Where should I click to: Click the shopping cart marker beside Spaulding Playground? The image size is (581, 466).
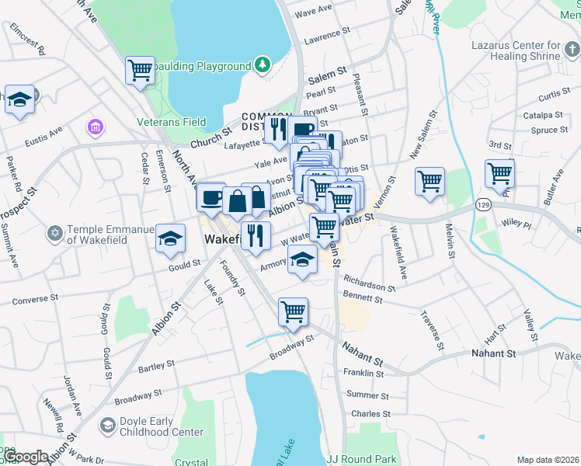[x=141, y=69]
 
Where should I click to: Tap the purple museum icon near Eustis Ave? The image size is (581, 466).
[x=96, y=126]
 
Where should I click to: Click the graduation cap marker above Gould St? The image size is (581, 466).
[x=171, y=238]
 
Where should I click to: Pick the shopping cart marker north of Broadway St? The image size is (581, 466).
[x=294, y=311]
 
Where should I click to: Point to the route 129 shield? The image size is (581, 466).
[x=484, y=204]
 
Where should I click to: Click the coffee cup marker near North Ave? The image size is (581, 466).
[x=210, y=197]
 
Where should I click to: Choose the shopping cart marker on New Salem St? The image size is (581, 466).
[x=430, y=182]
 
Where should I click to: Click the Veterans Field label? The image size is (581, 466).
[x=172, y=122]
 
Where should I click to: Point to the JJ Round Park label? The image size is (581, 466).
[x=362, y=459]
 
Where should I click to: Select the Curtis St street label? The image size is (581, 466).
[x=554, y=95]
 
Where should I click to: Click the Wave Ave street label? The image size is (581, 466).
[x=314, y=12]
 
